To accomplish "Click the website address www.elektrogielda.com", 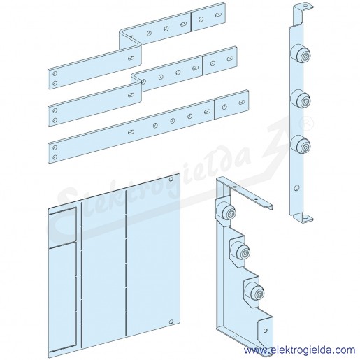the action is pos(299,350).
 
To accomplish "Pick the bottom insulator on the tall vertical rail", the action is pos(301,145).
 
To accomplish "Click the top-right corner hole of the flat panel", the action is pos(171,179).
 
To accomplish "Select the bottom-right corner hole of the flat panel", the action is pos(171,322).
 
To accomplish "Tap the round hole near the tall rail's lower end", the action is pos(296,187).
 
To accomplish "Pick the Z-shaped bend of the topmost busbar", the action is pos(131,40).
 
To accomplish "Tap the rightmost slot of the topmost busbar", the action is pos(218,15).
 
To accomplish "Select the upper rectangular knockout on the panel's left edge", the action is pos(63,226).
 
